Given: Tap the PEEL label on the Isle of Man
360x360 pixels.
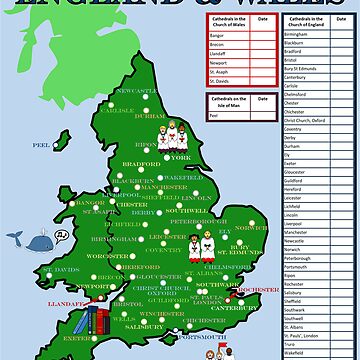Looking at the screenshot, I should tap(41, 144).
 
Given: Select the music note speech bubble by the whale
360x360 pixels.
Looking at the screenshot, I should tap(61, 235).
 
